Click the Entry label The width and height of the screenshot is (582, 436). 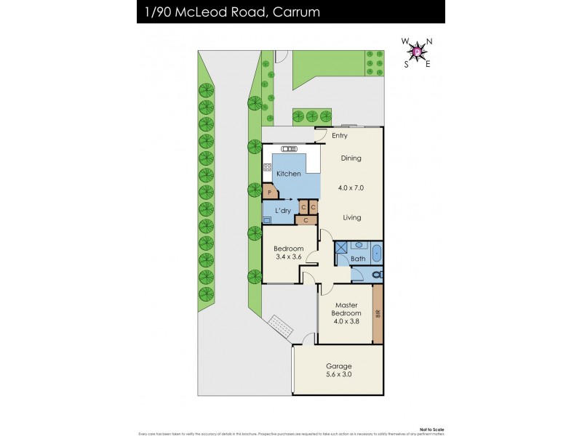(x=340, y=136)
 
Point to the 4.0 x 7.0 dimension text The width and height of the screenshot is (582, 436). (x=351, y=187)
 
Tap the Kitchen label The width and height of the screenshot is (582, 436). (x=287, y=174)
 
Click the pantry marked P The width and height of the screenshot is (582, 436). (x=270, y=193)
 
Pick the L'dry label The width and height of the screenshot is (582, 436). (x=282, y=211)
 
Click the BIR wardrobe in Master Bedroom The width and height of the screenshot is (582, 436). (x=377, y=314)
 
